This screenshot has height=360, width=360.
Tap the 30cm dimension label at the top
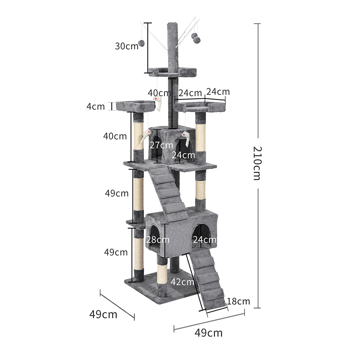click(x=126, y=46)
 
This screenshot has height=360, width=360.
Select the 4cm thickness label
click(x=95, y=106)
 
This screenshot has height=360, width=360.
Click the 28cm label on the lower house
click(x=158, y=240)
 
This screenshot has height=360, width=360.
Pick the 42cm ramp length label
click(x=182, y=282)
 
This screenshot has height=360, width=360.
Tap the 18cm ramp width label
click(x=239, y=301)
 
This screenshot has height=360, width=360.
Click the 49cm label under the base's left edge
click(x=103, y=314)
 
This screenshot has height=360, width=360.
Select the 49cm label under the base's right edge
click(x=208, y=333)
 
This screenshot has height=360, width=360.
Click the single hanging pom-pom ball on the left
click(x=141, y=43)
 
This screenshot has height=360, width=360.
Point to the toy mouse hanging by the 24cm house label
click(x=186, y=137)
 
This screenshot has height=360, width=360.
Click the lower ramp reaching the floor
click(x=210, y=278)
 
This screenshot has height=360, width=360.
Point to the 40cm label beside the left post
click(x=115, y=136)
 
